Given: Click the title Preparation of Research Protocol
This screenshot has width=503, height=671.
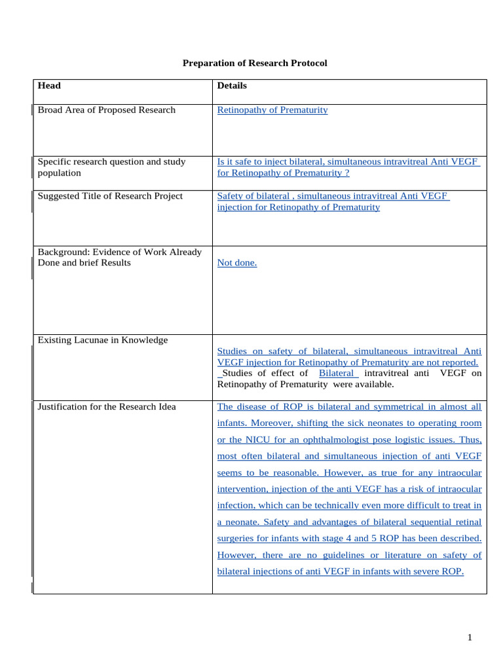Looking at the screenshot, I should (x=254, y=63).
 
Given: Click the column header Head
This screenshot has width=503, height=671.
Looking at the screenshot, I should (x=49, y=85).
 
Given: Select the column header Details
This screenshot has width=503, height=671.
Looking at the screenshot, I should (x=232, y=85).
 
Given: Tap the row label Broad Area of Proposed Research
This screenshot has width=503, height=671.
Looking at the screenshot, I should (x=107, y=109).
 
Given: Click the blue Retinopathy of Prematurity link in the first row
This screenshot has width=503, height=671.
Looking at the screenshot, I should (x=272, y=109).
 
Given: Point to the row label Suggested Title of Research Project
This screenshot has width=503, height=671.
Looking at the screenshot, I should (x=110, y=196).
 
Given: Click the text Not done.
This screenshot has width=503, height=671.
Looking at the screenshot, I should (x=237, y=263).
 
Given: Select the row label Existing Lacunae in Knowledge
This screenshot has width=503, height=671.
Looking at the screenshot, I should (x=103, y=340).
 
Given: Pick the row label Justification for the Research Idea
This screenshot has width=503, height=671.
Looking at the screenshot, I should (x=107, y=406).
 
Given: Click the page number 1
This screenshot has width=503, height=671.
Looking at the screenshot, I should (x=470, y=638).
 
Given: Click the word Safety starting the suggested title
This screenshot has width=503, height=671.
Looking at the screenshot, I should (x=230, y=196).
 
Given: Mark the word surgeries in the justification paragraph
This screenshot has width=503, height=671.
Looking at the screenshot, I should (x=236, y=539).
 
